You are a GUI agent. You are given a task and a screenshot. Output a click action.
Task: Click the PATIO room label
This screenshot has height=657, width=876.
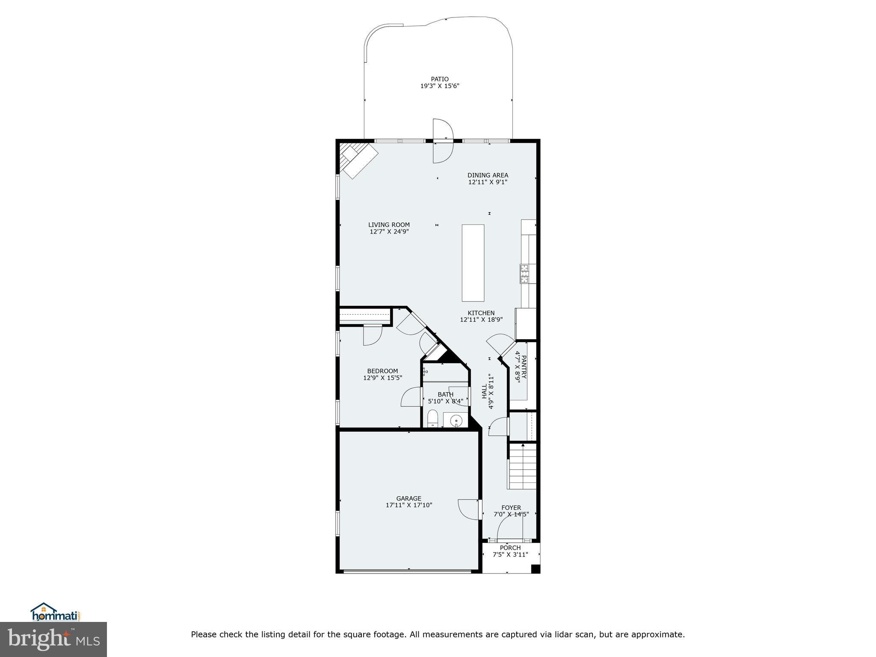pos(440,79)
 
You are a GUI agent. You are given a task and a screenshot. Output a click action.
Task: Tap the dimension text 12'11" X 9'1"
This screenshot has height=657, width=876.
pos(488,182)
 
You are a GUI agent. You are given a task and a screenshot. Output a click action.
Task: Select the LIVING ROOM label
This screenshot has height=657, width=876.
pos(389,225)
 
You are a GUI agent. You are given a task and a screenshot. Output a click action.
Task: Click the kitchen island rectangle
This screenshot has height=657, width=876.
pos(473,263)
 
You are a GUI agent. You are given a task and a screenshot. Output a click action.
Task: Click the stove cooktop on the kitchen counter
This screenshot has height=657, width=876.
pos(524,274)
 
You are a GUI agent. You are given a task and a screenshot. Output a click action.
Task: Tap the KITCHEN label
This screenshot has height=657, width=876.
pos(481,313)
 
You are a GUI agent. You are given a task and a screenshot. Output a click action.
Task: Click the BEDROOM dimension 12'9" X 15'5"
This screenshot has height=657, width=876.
pos(382,378)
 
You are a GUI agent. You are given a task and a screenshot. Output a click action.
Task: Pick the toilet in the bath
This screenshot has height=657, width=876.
pos(433,419)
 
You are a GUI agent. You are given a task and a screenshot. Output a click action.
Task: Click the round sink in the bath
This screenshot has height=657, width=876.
pos(456,420)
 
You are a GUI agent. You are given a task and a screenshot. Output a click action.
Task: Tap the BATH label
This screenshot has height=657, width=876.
pos(445,394)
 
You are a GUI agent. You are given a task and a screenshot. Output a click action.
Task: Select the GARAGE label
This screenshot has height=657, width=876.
pos(408,498)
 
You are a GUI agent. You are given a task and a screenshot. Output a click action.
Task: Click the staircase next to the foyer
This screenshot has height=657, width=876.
pos(522,467)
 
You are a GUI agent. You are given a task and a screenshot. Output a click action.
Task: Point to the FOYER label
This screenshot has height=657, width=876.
pos(511,508)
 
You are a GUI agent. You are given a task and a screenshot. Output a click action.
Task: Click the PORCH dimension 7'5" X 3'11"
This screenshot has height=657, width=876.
pos(510,555)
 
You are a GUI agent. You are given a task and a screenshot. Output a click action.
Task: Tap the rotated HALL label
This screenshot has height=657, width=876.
pos(484,391)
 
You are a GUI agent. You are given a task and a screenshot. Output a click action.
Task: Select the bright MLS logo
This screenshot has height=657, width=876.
pos(53,639)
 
